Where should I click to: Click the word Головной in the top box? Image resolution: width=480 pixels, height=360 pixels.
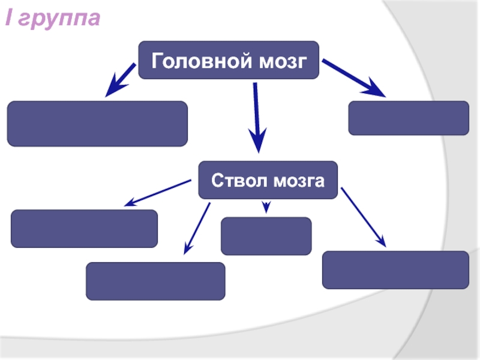[193, 61]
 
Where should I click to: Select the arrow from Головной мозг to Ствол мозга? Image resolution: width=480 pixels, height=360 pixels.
[256, 117]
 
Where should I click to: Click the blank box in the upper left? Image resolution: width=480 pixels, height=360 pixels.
[97, 124]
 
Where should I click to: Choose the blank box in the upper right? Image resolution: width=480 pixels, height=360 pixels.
[409, 118]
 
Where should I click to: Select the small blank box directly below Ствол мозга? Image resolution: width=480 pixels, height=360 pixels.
[266, 236]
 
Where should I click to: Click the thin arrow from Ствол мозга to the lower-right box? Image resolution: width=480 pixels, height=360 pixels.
[363, 216]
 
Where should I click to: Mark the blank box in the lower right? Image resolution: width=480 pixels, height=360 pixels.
[395, 269]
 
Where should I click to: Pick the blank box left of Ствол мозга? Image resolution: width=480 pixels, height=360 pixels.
[85, 229]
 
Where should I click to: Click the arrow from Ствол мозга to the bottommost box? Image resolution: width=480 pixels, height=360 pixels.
[197, 226]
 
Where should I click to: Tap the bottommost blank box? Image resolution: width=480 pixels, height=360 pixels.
[155, 281]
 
